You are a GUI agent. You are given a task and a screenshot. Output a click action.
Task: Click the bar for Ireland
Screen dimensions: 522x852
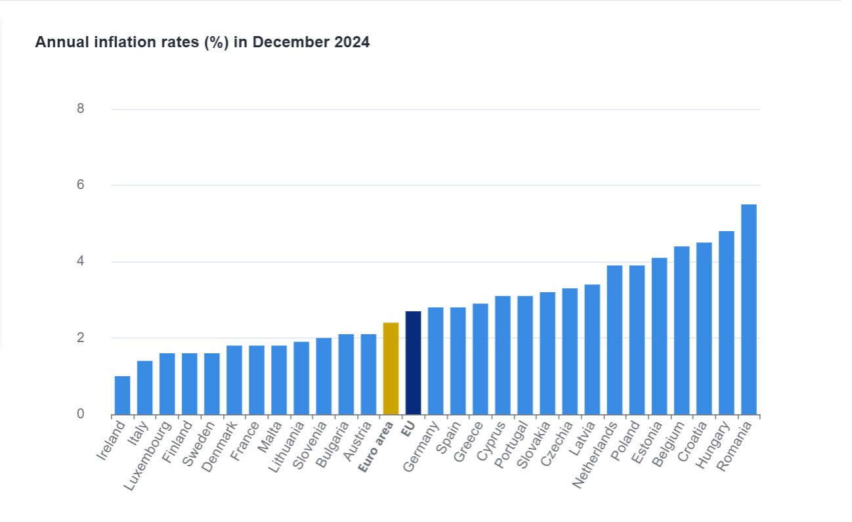(122, 395)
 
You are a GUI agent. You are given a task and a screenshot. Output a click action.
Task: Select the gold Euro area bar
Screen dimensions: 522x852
(391, 368)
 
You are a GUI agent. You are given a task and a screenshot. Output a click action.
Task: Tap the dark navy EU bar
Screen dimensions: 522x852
(413, 363)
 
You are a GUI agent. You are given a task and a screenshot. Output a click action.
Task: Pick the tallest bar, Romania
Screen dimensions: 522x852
(748, 309)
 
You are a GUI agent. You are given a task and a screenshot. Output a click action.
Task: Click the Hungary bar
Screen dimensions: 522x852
(726, 322)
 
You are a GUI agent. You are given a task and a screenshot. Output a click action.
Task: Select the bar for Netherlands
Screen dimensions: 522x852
(614, 339)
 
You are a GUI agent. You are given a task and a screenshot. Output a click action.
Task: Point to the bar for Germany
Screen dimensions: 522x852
(435, 360)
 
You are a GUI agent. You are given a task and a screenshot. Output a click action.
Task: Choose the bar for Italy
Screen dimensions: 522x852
(144, 387)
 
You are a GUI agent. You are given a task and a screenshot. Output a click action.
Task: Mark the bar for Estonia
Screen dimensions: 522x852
(659, 336)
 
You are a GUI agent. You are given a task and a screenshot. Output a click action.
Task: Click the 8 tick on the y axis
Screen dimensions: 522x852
(80, 109)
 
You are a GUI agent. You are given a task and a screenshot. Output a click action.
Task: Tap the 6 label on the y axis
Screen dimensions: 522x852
(80, 185)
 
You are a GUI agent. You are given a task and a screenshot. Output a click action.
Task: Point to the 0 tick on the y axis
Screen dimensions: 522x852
(80, 414)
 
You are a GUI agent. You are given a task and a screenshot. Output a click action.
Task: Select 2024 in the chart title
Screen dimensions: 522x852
(350, 43)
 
